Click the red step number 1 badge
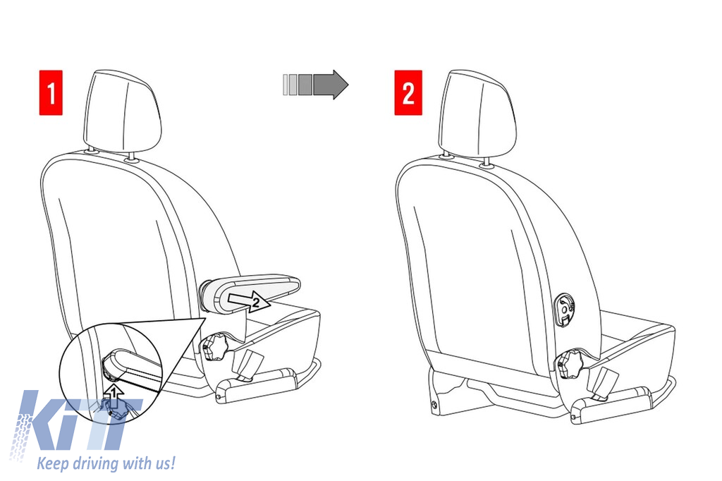tap(51, 92)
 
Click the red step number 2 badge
tap(408, 92)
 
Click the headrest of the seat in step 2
tap(477, 113)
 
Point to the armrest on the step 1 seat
tap(251, 292)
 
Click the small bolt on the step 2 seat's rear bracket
tap(434, 405)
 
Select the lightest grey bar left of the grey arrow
tap(286, 85)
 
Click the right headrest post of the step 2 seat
tap(487, 161)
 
